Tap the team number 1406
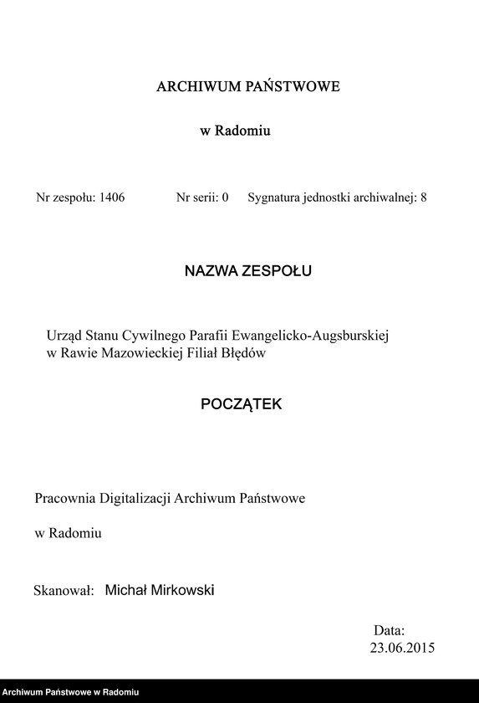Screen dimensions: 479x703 click(111, 199)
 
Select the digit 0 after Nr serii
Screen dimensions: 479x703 click(225, 199)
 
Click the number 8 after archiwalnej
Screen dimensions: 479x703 click(424, 199)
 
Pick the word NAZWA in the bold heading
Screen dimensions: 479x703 click(210, 271)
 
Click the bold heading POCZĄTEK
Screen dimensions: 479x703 click(242, 404)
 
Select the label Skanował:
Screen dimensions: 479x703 click(62, 591)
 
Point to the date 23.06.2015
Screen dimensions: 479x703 click(401, 648)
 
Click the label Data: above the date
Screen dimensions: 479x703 click(389, 630)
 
